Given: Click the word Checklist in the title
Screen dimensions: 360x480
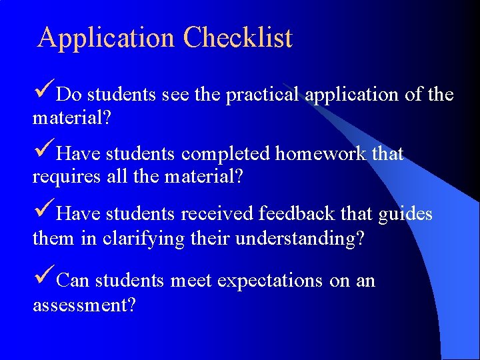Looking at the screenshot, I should click(x=238, y=38).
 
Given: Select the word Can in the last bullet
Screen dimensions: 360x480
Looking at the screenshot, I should click(x=73, y=281).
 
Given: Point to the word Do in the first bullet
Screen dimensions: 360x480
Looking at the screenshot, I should click(x=69, y=95).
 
